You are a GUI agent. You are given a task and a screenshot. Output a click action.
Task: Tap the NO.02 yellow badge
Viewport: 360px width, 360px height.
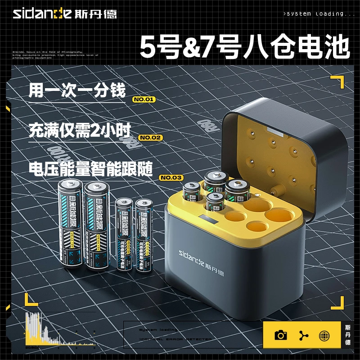click(x=150, y=137)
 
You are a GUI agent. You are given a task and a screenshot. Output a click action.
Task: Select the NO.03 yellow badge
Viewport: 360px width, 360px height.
click(x=171, y=178)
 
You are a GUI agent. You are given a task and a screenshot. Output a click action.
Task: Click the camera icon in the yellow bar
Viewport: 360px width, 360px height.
click(x=281, y=335)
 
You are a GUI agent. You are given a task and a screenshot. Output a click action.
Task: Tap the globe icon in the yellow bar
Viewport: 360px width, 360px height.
click(x=324, y=335)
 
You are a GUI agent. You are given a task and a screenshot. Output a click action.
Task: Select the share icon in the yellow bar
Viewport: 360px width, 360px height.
click(x=302, y=335)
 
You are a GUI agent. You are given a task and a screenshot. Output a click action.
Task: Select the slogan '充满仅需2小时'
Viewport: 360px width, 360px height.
click(x=79, y=130)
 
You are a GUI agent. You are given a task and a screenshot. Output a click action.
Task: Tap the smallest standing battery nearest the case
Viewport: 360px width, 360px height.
click(x=144, y=235)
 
